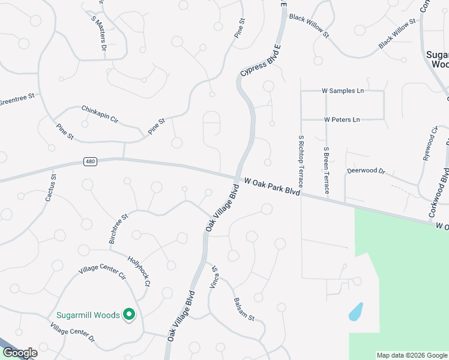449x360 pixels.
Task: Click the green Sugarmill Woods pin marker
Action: [x=128, y=314]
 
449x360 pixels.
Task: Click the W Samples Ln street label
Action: [x=343, y=91]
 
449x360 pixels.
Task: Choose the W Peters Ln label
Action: [x=342, y=119]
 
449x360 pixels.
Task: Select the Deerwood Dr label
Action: [x=366, y=171]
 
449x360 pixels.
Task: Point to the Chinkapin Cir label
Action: [x=100, y=115]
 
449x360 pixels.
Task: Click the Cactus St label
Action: [x=50, y=185]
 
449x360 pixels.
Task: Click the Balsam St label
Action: [x=244, y=308]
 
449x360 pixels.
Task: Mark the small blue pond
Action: [x=355, y=311]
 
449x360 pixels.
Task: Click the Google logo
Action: [x=19, y=353]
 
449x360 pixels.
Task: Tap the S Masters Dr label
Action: [x=99, y=33]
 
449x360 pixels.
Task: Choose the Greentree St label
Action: [x=17, y=100]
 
